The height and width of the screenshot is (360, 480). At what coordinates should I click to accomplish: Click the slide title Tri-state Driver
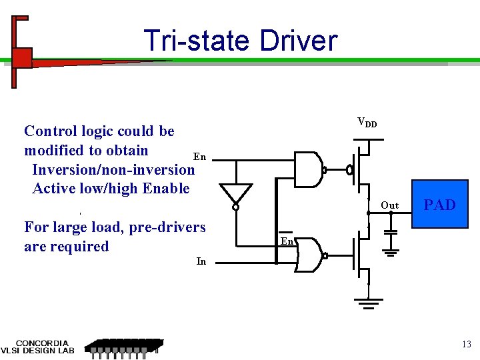[x=240, y=41]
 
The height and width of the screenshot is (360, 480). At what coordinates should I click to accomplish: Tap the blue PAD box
[x=439, y=205]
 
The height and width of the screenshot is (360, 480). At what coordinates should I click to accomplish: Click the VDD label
[x=367, y=122]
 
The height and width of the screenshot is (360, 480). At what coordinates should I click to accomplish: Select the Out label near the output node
[x=389, y=205]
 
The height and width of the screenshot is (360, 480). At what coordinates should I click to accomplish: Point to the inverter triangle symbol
[x=236, y=194]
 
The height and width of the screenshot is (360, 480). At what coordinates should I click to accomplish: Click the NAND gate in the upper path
[x=308, y=169]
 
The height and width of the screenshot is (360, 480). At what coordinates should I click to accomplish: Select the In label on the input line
[x=201, y=261]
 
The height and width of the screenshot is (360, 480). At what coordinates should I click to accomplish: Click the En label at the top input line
[x=199, y=157]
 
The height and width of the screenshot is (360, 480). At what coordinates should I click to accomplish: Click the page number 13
[x=466, y=344]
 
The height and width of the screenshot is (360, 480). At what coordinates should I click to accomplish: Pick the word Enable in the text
[x=166, y=189]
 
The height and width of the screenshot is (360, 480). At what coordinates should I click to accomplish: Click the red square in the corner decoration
[x=23, y=57]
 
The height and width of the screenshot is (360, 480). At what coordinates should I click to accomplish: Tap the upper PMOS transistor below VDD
[x=361, y=170]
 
